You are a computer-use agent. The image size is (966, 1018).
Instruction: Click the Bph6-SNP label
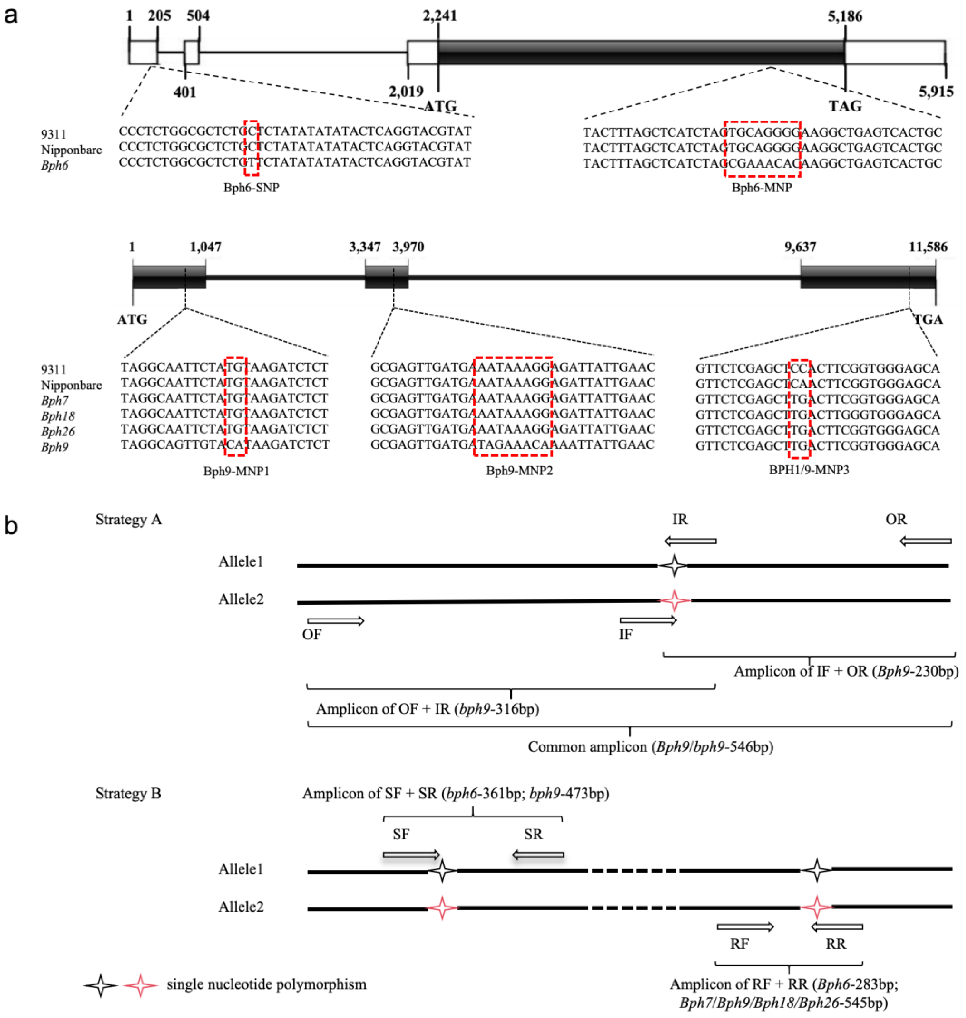[x=251, y=187]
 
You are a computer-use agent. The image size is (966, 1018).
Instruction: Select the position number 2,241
[x=439, y=16]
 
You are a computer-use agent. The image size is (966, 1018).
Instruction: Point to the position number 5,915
[x=936, y=92]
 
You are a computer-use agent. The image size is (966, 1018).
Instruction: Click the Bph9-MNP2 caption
[x=519, y=470]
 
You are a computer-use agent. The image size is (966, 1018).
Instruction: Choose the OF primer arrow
[x=336, y=621]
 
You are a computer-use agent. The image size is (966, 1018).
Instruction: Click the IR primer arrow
[x=690, y=541]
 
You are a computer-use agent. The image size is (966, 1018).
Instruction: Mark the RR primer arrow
[x=837, y=927]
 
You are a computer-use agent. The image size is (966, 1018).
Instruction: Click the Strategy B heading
[x=128, y=793]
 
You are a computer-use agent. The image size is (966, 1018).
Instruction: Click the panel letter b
[x=11, y=526]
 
